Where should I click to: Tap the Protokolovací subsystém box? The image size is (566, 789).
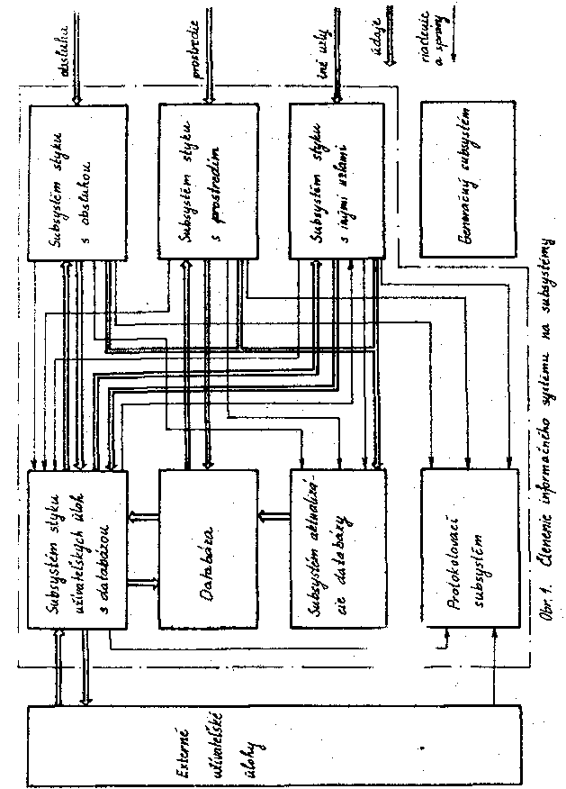point(470,550)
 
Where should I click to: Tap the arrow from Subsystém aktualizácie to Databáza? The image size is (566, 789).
point(272,518)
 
